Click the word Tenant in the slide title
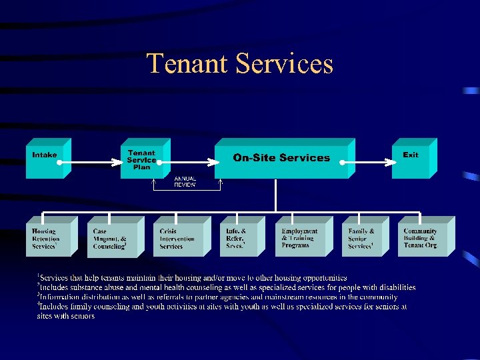click(187, 64)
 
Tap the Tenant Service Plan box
click(141, 161)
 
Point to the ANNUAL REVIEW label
click(185, 182)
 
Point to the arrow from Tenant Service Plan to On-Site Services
click(193, 161)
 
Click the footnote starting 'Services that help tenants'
click(193, 277)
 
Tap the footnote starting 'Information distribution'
click(219, 297)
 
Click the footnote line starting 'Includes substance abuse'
click(227, 287)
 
